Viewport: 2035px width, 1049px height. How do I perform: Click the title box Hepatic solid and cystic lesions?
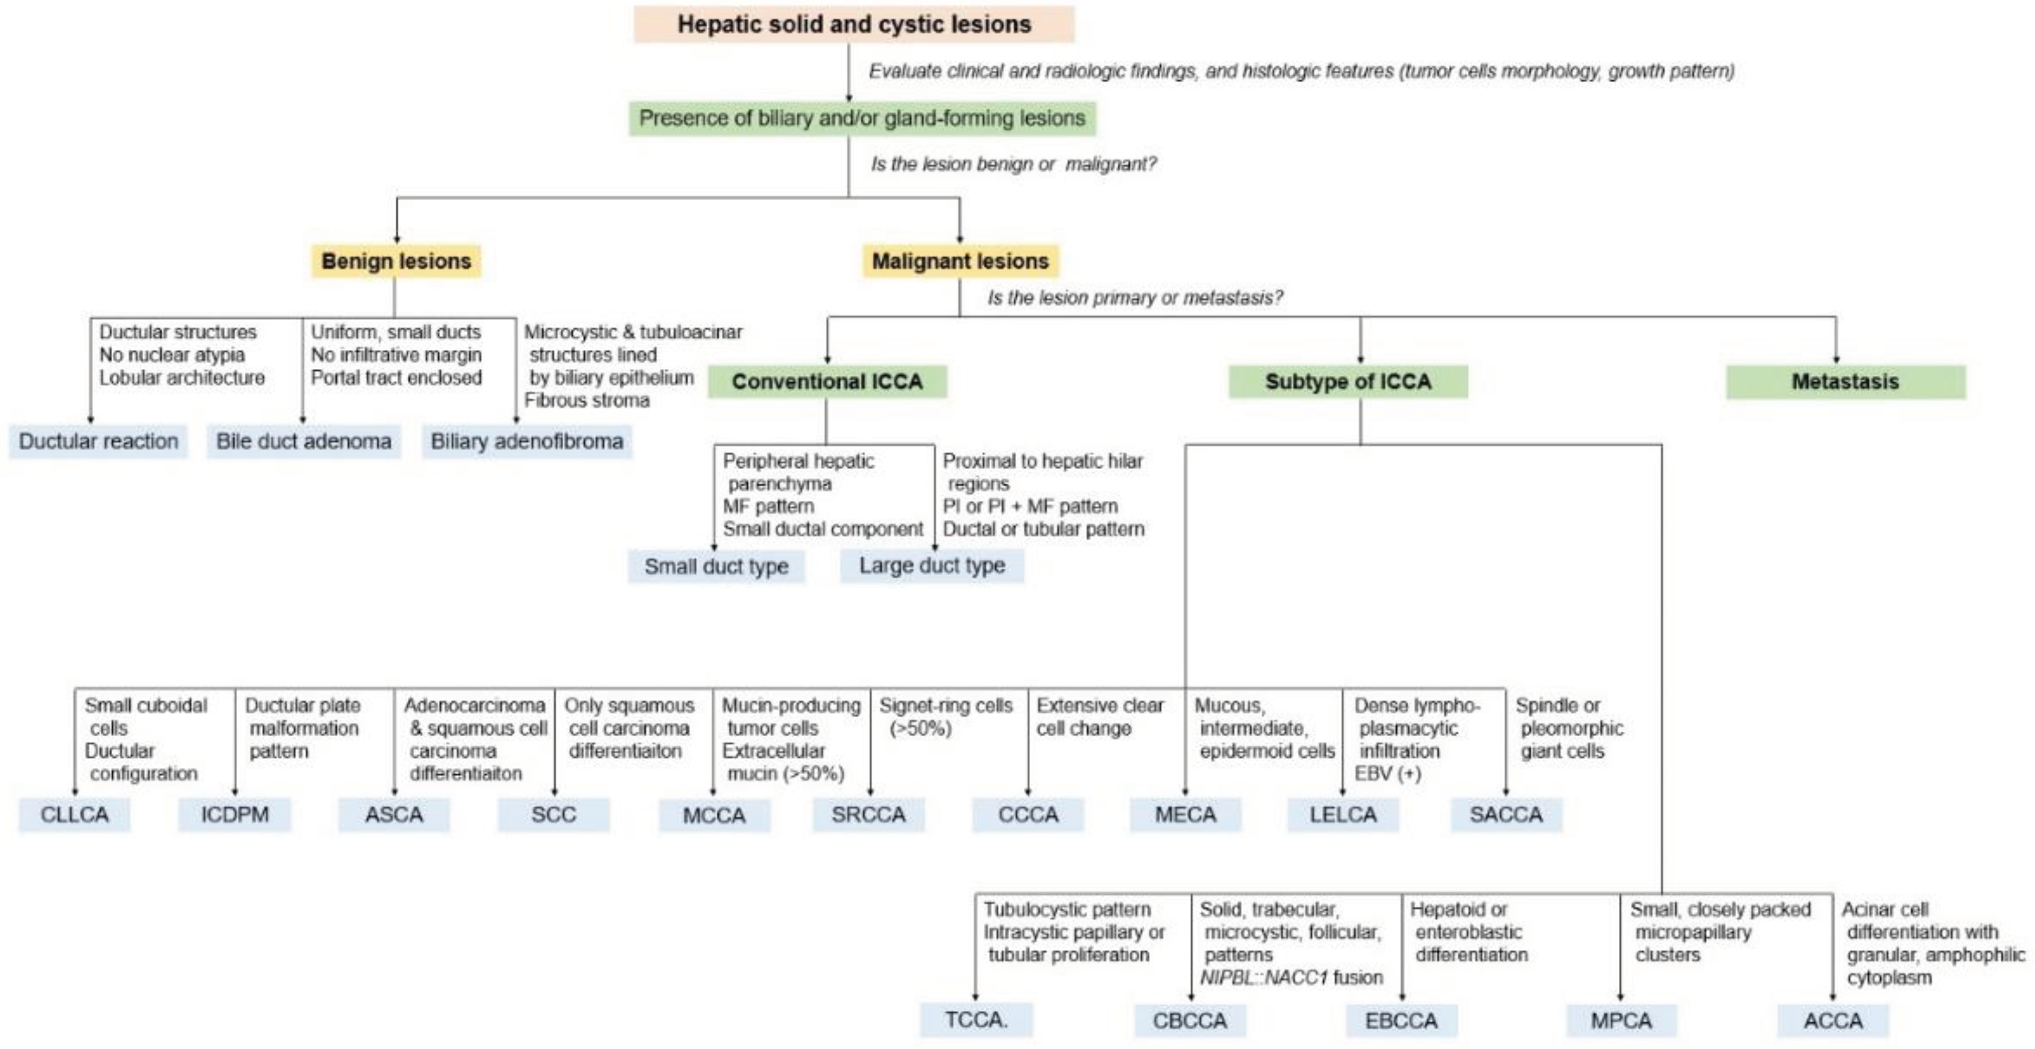click(x=853, y=24)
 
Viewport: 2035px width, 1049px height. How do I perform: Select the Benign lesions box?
click(x=396, y=261)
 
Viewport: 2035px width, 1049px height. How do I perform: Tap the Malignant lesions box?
click(x=960, y=261)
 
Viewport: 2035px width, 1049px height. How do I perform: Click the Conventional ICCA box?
click(x=826, y=382)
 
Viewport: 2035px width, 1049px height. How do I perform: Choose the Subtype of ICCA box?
click(x=1348, y=382)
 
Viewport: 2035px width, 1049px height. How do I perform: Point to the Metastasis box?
click(x=1844, y=382)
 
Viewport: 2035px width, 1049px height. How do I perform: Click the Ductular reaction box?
click(x=99, y=441)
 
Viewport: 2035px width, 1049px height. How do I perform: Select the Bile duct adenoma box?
click(x=303, y=441)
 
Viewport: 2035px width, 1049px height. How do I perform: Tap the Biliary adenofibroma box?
click(x=526, y=441)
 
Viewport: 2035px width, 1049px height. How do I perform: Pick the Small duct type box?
click(x=715, y=567)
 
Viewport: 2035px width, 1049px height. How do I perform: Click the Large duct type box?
click(x=931, y=565)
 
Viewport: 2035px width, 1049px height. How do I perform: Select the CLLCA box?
click(x=75, y=814)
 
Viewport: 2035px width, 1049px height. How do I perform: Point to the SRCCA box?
click(x=868, y=814)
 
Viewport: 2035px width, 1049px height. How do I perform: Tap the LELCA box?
click(x=1343, y=814)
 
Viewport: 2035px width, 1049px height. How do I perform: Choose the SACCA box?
click(x=1506, y=814)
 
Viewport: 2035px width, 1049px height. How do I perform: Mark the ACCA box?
click(x=1833, y=1020)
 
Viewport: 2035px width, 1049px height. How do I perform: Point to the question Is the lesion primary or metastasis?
click(x=1135, y=298)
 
